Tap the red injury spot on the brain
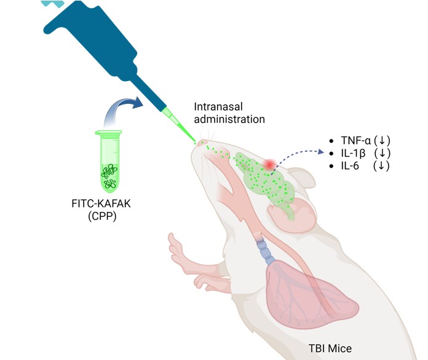pyautogui.click(x=269, y=165)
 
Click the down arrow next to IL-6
pyautogui.click(x=381, y=165)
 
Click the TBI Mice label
pyautogui.click(x=330, y=348)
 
